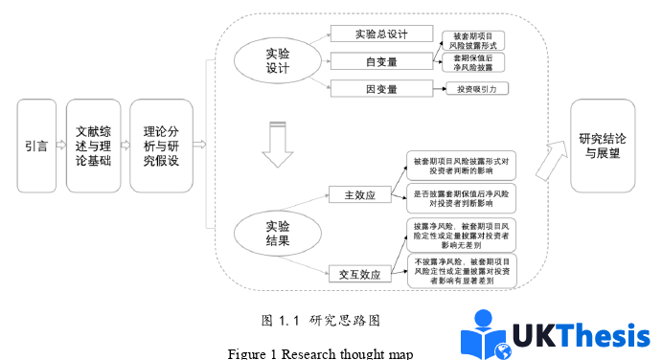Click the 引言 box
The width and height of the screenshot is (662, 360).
[x=36, y=146]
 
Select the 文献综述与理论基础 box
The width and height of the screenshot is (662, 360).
[x=94, y=146]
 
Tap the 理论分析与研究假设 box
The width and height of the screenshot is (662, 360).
[x=160, y=146]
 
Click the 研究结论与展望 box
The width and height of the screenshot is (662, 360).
[x=603, y=146]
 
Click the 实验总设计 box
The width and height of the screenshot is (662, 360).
[x=380, y=34]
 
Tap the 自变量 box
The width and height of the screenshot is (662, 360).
[x=380, y=61]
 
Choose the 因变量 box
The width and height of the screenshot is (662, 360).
[x=380, y=89]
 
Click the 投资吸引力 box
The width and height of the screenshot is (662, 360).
[x=476, y=89]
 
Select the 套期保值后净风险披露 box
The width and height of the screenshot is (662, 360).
[x=476, y=63]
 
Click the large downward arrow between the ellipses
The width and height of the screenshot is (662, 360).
[x=277, y=144]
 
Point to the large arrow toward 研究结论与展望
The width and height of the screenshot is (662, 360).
[x=549, y=159]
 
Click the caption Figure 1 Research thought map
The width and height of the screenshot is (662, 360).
[x=320, y=352]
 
